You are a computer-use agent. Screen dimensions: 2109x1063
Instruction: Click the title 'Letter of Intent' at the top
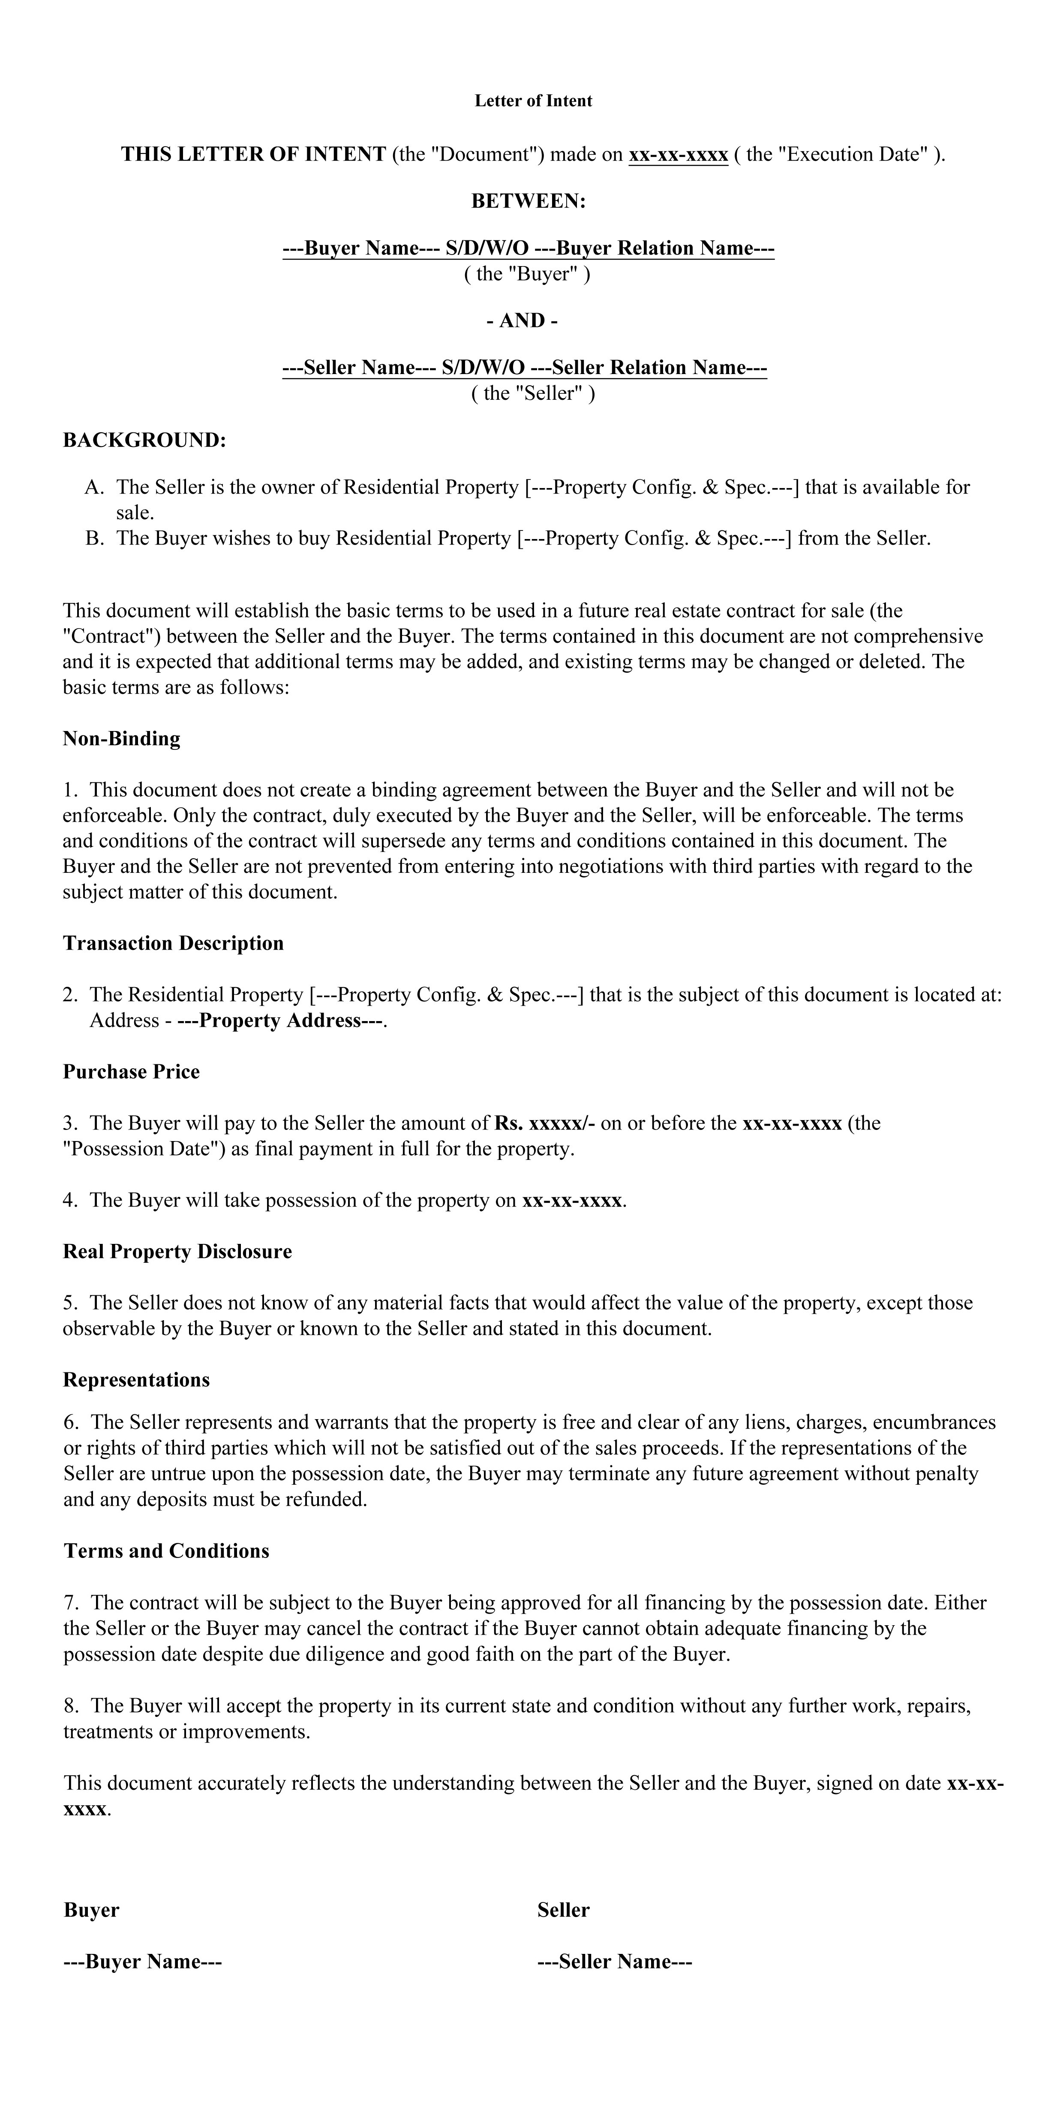[533, 101]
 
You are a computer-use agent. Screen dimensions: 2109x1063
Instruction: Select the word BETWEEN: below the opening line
[528, 201]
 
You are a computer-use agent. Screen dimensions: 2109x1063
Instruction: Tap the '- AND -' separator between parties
[522, 320]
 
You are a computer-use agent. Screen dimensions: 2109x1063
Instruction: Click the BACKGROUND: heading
[144, 440]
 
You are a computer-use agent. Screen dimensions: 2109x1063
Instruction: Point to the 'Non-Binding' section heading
[121, 738]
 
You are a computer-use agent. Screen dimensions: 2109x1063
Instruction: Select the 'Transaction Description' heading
[173, 943]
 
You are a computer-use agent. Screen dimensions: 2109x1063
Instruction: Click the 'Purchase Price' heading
[131, 1072]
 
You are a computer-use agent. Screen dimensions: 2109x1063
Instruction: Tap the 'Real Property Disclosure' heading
[177, 1251]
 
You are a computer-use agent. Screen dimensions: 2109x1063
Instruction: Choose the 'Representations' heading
[136, 1380]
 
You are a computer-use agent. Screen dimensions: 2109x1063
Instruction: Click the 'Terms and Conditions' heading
[166, 1551]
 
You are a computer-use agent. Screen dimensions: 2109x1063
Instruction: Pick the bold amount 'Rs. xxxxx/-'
[545, 1123]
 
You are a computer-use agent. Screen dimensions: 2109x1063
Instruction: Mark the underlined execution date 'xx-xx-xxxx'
[678, 155]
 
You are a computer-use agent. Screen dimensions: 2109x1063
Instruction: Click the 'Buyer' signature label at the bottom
[92, 1910]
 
